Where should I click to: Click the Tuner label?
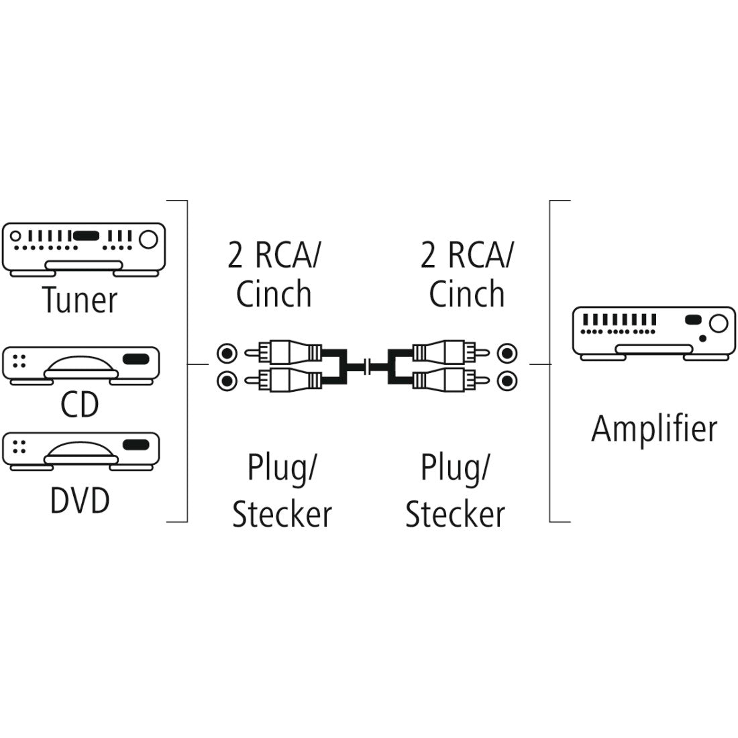pyautogui.click(x=80, y=299)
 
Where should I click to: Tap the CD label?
pyautogui.click(x=80, y=404)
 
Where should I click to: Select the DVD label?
pyautogui.click(x=80, y=500)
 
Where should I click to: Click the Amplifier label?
pyautogui.click(x=653, y=428)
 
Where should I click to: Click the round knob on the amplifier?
pyautogui.click(x=717, y=324)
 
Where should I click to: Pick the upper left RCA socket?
pyautogui.click(x=227, y=352)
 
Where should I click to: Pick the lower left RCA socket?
pyautogui.click(x=227, y=381)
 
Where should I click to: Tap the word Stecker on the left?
pyautogui.click(x=282, y=514)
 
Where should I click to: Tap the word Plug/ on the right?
pyautogui.click(x=455, y=468)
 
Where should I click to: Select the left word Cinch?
pyautogui.click(x=274, y=294)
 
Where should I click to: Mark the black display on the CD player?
pyautogui.click(x=136, y=359)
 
